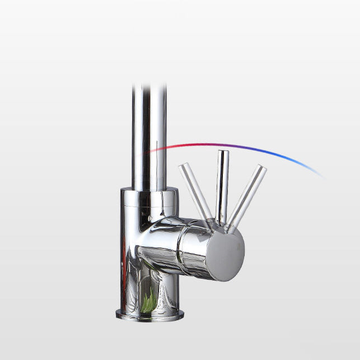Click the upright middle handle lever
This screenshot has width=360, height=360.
(222, 185)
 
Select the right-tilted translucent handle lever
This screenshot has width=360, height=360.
(246, 193)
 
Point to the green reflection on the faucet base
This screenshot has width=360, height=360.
(149, 303)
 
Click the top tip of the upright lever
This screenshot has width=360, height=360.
(223, 153)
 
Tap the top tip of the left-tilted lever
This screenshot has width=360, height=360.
(182, 166)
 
